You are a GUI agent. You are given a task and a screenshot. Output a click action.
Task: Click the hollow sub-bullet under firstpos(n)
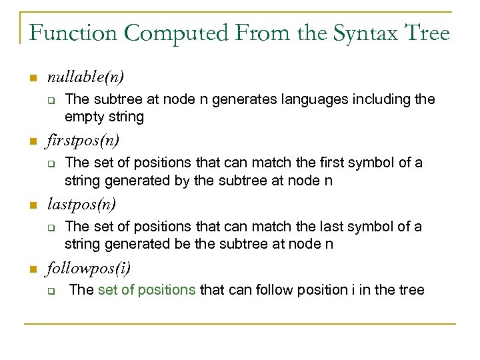coord(50,163)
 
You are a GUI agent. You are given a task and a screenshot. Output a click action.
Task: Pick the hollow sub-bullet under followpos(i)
coord(50,290)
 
